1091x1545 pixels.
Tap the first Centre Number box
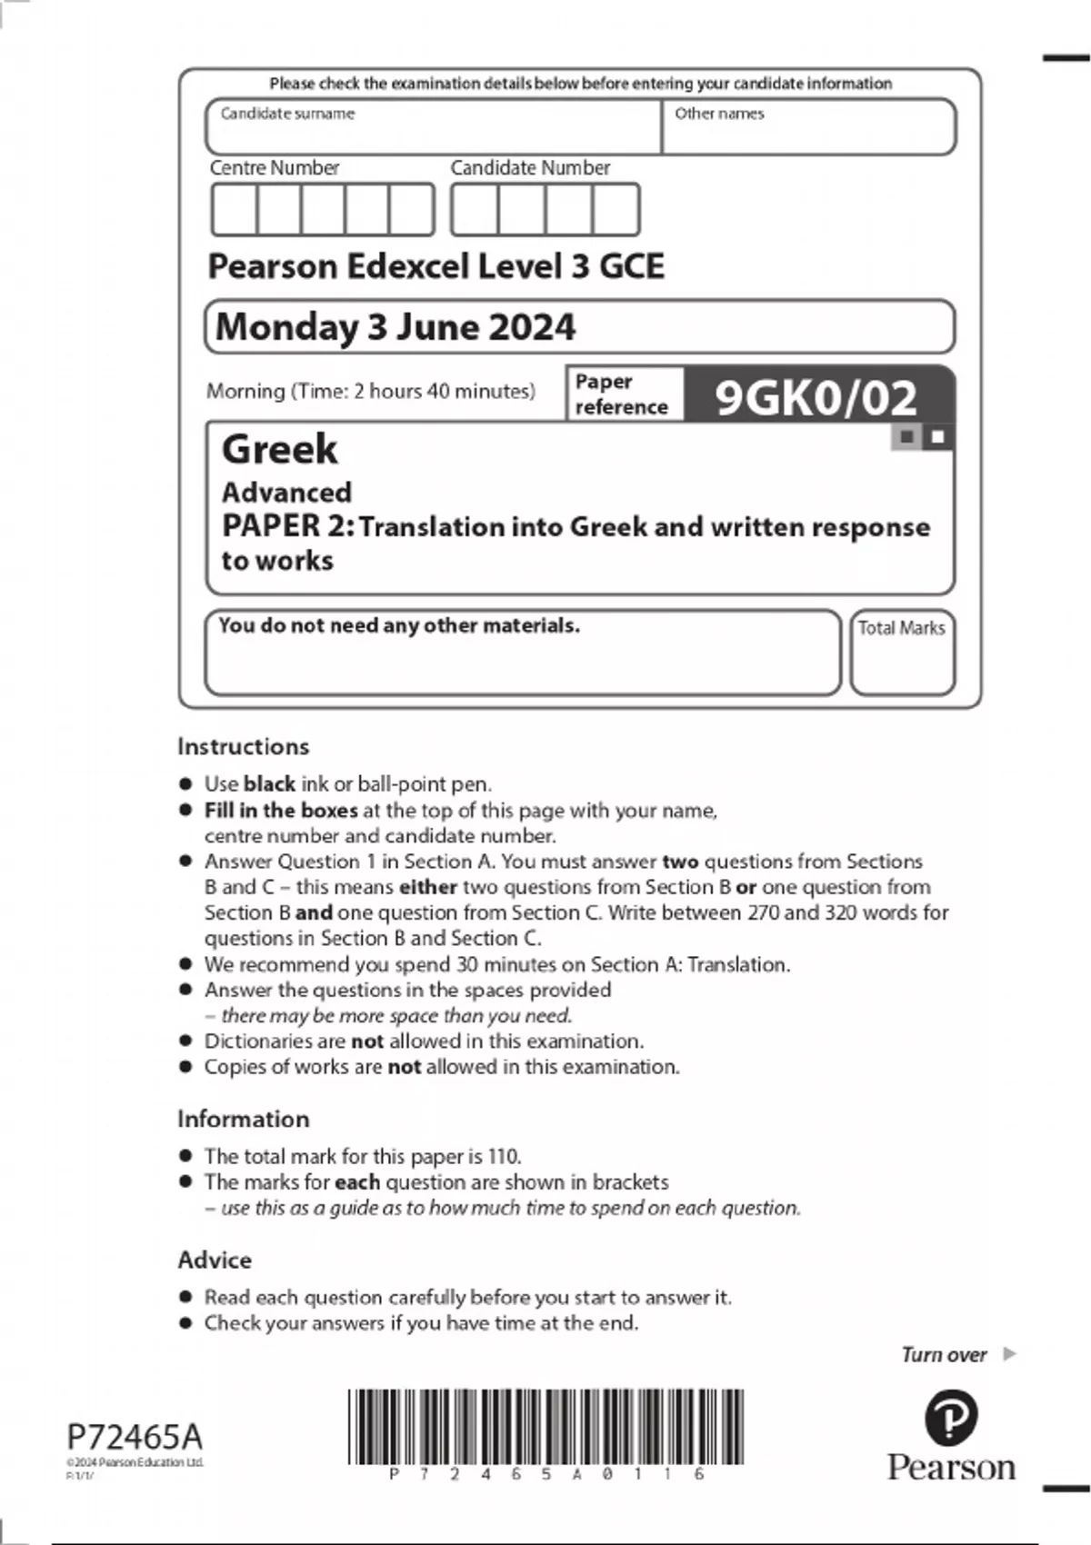click(x=234, y=210)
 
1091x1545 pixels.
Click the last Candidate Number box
click(x=616, y=210)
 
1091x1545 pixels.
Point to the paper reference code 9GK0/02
click(x=816, y=397)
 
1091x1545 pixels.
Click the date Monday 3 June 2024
click(x=395, y=327)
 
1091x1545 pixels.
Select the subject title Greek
click(x=279, y=449)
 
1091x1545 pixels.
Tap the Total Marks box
click(x=902, y=653)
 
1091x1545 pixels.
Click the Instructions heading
click(x=243, y=746)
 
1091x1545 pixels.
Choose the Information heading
click(x=243, y=1119)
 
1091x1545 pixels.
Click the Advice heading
click(x=215, y=1260)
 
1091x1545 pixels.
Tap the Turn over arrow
click(x=1009, y=1354)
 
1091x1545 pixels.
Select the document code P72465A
click(x=135, y=1437)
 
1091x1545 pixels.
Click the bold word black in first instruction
click(x=269, y=783)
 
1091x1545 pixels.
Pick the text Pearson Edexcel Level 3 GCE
click(x=435, y=266)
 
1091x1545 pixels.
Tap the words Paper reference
click(x=621, y=394)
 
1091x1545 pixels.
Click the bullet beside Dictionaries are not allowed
click(x=185, y=1041)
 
